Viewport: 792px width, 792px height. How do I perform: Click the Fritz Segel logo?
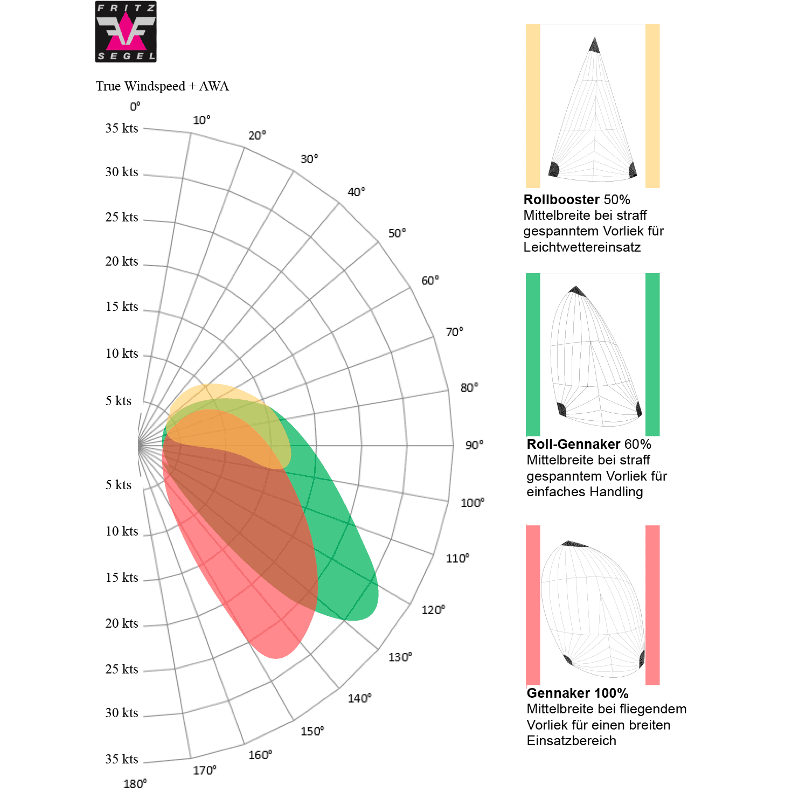point(126,32)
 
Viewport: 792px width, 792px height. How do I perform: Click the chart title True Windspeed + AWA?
point(162,86)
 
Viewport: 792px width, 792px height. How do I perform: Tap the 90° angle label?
point(474,445)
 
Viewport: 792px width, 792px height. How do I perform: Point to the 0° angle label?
point(135,107)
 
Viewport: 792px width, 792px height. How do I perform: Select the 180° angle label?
point(135,783)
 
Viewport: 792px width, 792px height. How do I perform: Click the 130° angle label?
point(400,657)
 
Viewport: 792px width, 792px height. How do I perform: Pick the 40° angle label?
point(356,192)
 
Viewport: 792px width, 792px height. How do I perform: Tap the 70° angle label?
point(454,332)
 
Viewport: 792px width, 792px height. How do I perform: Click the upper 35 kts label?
point(122,128)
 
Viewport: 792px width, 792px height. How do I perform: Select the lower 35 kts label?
point(122,759)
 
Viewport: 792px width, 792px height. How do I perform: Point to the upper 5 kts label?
point(119,401)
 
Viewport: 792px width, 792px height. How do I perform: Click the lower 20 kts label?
point(122,623)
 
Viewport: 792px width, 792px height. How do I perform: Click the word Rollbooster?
point(561,199)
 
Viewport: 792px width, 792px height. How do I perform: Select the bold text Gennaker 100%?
point(578,693)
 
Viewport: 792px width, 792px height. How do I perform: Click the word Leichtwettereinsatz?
point(582,247)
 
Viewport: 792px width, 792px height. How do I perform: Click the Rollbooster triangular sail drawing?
point(593,113)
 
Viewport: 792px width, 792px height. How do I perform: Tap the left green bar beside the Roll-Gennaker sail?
point(533,354)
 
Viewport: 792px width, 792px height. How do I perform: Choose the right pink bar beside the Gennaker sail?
point(652,605)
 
